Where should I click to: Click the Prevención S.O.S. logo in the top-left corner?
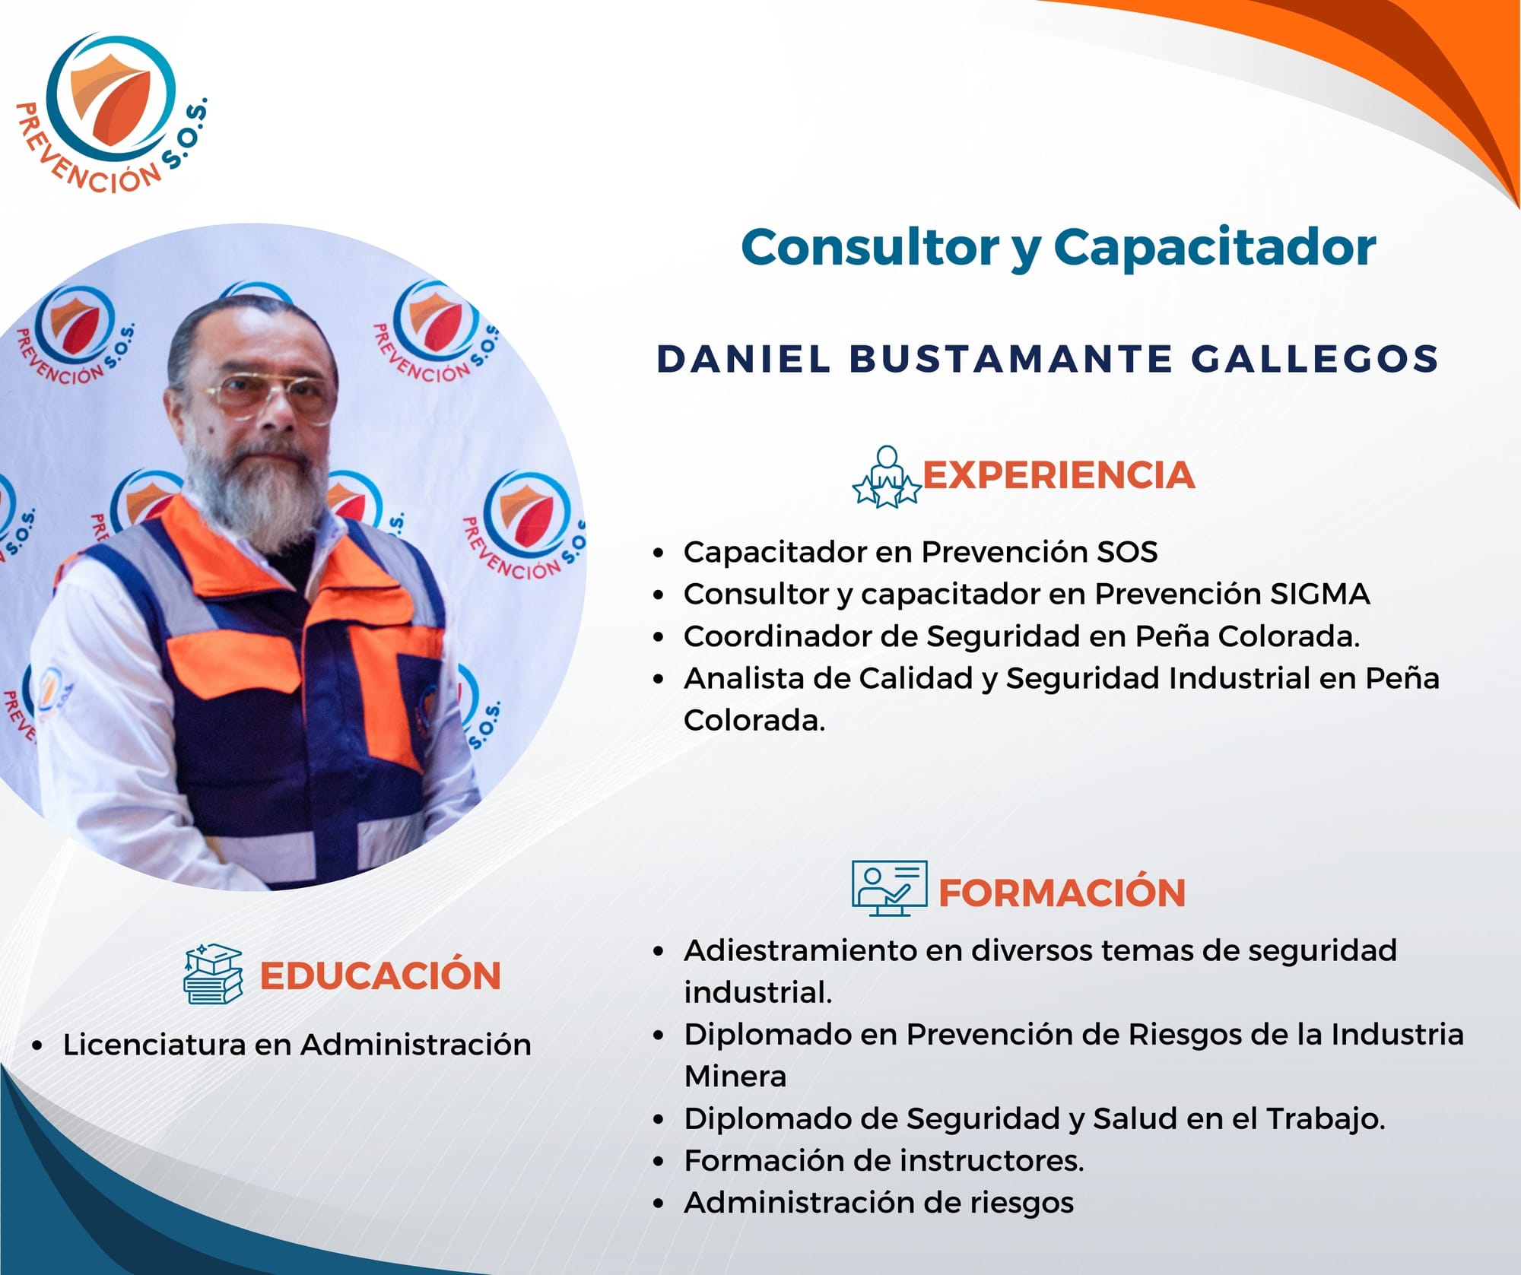pos(111,113)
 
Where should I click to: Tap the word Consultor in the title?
pos(870,247)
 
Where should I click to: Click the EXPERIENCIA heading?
pos(1058,475)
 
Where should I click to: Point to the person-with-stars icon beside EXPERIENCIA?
pos(886,477)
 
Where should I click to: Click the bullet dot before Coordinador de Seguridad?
pos(659,637)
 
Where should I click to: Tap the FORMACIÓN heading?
pos(1062,892)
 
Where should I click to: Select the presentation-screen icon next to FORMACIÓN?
pos(889,888)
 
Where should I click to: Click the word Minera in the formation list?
pos(735,1077)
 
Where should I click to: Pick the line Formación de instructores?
pos(884,1161)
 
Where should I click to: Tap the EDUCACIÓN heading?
pos(380,975)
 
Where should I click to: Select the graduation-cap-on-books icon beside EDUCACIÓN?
pos(213,974)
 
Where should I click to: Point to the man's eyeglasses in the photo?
pos(270,395)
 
